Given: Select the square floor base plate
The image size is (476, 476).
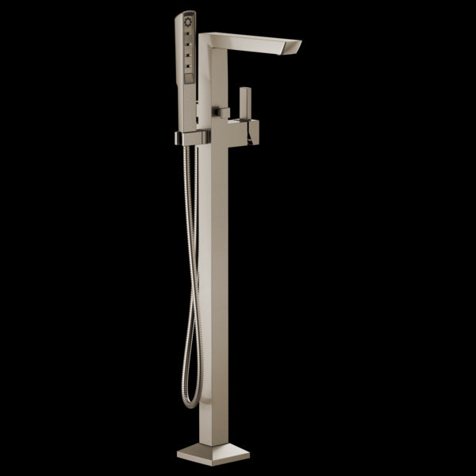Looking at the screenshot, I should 213,454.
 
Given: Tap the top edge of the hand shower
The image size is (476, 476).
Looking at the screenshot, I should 186,13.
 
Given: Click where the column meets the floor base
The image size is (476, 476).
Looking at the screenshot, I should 212,441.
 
